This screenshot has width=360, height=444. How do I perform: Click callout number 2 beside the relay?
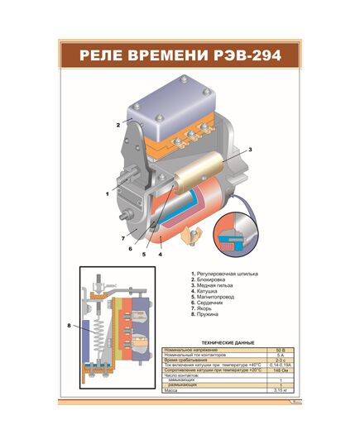pos(118,124)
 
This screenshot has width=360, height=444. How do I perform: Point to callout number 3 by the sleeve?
pos(250,149)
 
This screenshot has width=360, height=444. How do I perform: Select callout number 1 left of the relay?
pos(107,193)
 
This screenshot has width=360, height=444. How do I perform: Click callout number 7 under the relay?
pos(122,239)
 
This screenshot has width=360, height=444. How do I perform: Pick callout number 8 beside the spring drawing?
pos(69,326)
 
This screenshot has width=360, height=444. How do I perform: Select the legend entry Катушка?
pos(207,292)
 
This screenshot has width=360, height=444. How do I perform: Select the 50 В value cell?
pos(280,351)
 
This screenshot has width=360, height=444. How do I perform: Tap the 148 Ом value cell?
pos(280,370)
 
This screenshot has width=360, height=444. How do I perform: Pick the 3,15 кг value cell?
pos(280,389)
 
